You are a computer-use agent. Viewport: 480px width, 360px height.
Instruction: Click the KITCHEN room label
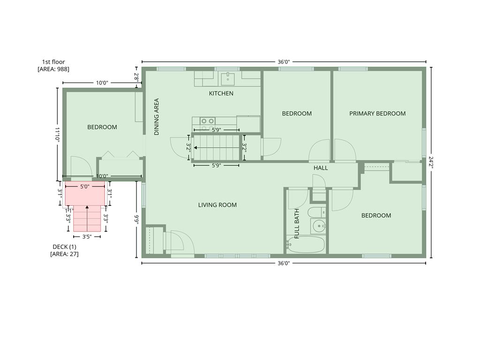click(221, 93)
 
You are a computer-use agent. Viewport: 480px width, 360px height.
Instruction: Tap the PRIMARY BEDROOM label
click(377, 113)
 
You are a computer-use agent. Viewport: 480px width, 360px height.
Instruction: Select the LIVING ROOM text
click(217, 205)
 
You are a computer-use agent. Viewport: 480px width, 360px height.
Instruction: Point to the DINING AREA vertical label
click(157, 117)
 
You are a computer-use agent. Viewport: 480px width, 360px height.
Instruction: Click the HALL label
click(321, 168)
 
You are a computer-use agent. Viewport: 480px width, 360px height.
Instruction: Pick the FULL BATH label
click(297, 224)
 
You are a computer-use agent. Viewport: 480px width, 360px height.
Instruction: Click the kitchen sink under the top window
click(227, 78)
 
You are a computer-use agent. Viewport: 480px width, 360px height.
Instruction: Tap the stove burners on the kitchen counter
click(208, 121)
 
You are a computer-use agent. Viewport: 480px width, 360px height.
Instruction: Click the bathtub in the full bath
click(305, 244)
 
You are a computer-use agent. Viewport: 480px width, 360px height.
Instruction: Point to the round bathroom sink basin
click(319, 226)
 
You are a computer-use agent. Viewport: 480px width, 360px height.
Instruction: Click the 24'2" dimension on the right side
click(431, 163)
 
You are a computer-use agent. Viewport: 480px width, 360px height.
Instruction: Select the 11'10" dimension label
click(57, 134)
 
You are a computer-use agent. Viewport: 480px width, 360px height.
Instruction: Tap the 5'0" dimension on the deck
click(84, 186)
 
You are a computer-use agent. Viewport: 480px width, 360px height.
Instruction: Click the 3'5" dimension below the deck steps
click(87, 237)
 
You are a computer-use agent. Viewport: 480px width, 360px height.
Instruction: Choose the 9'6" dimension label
click(137, 219)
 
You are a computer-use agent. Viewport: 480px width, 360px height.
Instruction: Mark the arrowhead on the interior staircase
click(195, 148)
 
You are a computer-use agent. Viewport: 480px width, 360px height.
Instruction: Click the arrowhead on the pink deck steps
click(87, 207)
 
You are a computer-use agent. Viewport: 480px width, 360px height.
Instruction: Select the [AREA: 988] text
click(53, 69)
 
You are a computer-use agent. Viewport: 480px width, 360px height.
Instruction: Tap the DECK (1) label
click(64, 247)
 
